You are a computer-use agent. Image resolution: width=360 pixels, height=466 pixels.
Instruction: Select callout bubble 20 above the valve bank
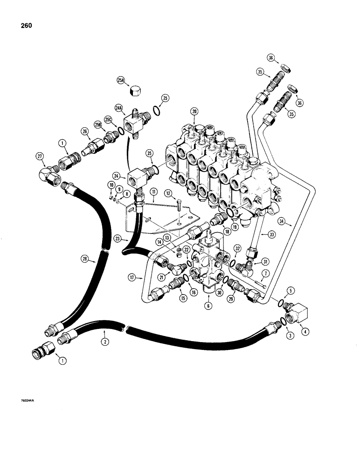194,111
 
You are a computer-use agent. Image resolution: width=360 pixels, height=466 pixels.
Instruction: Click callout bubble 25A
121,81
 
